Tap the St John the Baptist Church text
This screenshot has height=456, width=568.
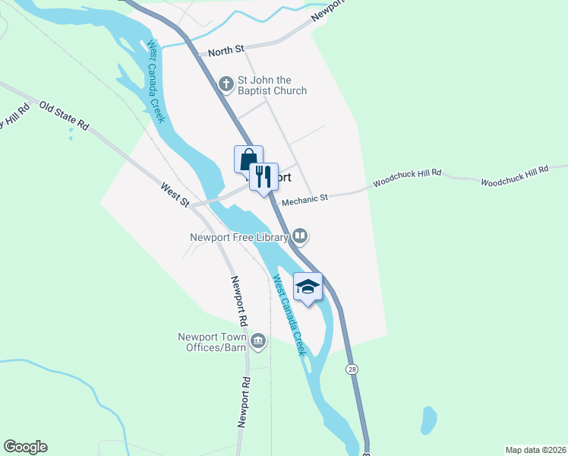point(273,86)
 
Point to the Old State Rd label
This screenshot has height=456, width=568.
point(65,116)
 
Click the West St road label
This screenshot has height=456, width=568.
point(175,194)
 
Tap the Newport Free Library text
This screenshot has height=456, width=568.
point(238,237)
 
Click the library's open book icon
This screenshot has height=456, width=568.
point(301,237)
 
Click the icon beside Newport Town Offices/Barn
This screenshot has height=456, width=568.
point(259,340)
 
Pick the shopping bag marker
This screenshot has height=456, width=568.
point(248,160)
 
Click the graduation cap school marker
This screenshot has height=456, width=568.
point(308,287)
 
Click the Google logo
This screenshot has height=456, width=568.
point(25,447)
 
